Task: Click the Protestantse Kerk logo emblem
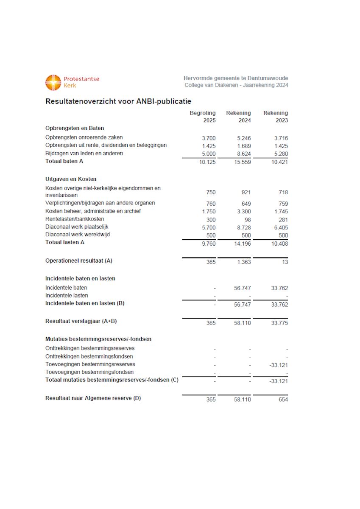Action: click(53, 82)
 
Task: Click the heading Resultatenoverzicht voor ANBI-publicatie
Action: click(118, 101)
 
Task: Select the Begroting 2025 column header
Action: click(203, 117)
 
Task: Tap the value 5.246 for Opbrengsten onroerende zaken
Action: click(243, 138)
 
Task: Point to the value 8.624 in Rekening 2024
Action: click(243, 154)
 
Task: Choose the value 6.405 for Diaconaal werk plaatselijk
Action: click(279, 227)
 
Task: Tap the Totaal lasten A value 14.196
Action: click(242, 243)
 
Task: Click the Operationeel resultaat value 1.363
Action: click(243, 262)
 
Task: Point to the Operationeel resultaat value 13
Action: click(285, 262)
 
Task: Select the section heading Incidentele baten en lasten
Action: click(80, 279)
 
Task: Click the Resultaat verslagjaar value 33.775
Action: click(279, 323)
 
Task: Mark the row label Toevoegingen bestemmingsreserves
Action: click(90, 364)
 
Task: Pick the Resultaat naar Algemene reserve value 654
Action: click(282, 400)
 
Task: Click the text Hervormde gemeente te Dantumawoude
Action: click(236, 78)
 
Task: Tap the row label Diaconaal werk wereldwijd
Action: click(78, 235)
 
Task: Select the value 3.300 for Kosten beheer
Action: click(243, 212)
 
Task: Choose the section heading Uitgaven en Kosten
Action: click(71, 179)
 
